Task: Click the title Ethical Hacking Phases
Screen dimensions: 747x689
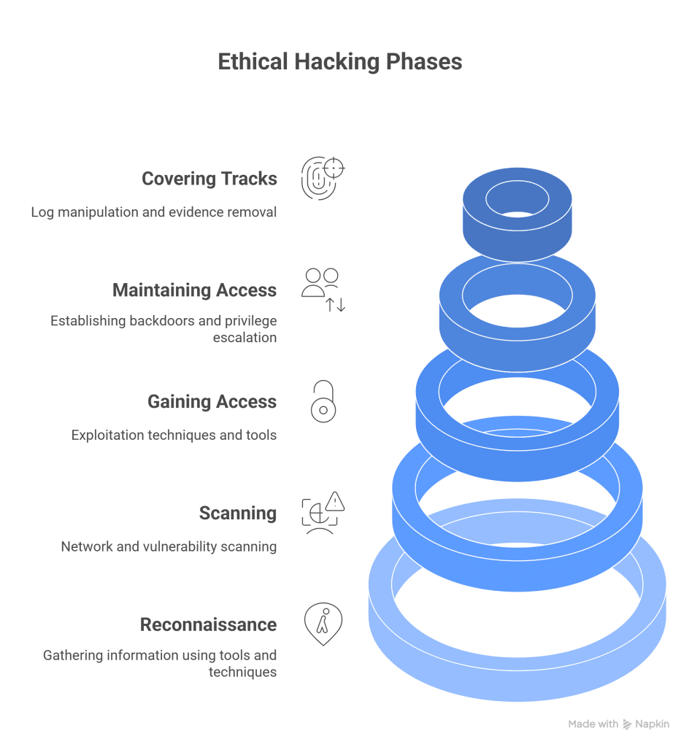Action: click(340, 62)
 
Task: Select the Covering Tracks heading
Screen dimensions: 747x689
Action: click(209, 179)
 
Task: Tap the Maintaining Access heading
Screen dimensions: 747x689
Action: click(194, 290)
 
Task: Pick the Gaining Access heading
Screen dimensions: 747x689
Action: click(212, 402)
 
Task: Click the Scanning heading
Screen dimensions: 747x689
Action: click(238, 513)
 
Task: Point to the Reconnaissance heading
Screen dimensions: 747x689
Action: click(208, 624)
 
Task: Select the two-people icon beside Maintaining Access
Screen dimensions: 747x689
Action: click(321, 283)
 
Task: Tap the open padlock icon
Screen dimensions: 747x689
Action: click(323, 402)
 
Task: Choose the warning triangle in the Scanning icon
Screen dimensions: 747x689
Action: click(335, 501)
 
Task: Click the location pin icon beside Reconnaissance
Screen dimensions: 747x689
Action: click(323, 624)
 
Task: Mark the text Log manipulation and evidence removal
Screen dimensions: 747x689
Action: click(154, 212)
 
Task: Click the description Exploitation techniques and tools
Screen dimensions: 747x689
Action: click(174, 436)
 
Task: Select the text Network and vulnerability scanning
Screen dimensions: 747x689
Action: click(169, 546)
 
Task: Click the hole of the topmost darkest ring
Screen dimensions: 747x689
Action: click(517, 197)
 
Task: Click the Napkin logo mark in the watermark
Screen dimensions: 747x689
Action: click(627, 724)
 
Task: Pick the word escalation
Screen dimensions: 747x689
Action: click(245, 338)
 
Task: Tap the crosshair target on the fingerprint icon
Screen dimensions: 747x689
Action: click(334, 169)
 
